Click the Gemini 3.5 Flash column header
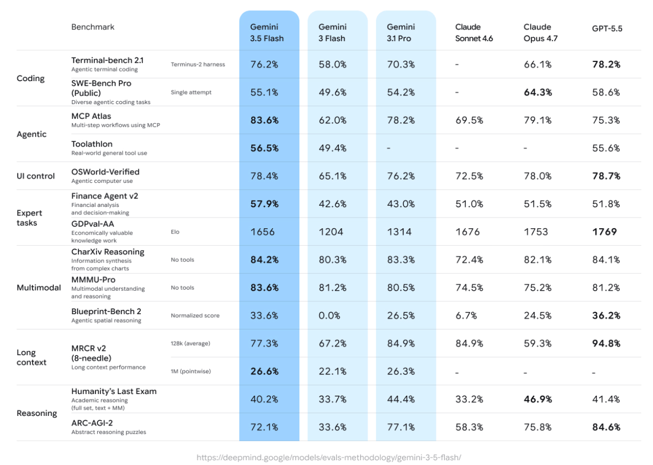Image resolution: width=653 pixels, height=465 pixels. [x=267, y=33]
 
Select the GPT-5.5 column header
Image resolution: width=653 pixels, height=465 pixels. [x=607, y=29]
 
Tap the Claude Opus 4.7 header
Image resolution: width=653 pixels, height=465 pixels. [x=540, y=33]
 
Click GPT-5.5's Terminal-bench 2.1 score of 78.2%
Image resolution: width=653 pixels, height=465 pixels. [x=606, y=65]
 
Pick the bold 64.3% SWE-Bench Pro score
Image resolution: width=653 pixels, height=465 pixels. [x=538, y=92]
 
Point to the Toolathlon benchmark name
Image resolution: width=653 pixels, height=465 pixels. [x=92, y=144]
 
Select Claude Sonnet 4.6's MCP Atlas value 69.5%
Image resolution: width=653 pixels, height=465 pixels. [x=469, y=121]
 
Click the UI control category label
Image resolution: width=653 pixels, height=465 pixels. [x=36, y=176]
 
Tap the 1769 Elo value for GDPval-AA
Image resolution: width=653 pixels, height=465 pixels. [x=604, y=232]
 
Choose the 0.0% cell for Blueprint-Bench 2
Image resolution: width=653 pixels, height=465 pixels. [x=329, y=316]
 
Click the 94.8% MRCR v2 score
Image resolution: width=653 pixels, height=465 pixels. [x=606, y=343]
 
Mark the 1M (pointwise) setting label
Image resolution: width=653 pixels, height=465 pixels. [x=190, y=372]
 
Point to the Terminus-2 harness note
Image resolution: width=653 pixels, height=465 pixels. [x=198, y=65]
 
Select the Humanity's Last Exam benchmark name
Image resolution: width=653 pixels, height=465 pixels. [x=114, y=391]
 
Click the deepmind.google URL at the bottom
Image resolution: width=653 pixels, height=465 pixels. [x=329, y=458]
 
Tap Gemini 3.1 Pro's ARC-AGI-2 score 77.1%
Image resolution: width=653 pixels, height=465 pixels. [x=401, y=427]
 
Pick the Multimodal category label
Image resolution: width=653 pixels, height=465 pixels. [x=39, y=287]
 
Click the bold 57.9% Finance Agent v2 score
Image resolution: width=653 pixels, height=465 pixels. [x=265, y=204]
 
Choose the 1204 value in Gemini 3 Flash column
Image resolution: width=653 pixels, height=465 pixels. [x=331, y=232]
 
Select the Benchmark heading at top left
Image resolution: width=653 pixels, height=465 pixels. [x=93, y=27]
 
